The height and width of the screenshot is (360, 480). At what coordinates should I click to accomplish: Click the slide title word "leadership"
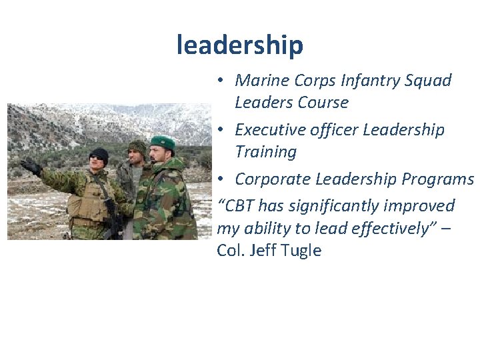pyautogui.click(x=240, y=45)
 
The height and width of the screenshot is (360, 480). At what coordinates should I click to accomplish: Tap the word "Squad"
pyautogui.click(x=429, y=81)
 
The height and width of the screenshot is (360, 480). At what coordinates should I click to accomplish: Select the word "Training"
pyautogui.click(x=265, y=151)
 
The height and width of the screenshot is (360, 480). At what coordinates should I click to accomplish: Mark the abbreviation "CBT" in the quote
pyautogui.click(x=241, y=205)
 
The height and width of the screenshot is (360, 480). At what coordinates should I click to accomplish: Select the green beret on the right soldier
pyautogui.click(x=163, y=142)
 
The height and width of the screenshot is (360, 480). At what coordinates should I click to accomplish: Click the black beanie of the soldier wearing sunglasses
pyautogui.click(x=99, y=153)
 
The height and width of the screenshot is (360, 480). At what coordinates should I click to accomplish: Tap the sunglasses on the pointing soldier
pyautogui.click(x=98, y=159)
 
